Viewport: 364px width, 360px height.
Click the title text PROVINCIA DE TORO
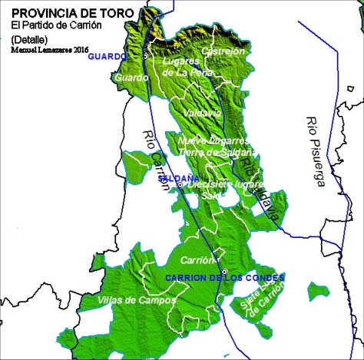pos(72,13)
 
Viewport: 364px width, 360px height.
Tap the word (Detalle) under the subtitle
pos(30,38)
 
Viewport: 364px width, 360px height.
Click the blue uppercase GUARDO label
pos(108,57)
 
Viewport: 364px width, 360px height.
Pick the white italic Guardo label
pos(128,78)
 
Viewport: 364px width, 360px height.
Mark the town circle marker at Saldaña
pos(180,184)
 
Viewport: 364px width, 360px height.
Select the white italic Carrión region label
pos(200,260)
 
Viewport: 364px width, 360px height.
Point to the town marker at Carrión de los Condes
pos(223,272)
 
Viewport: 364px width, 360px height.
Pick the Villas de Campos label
pos(135,299)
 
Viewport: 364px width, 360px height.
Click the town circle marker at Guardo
pos(145,56)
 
